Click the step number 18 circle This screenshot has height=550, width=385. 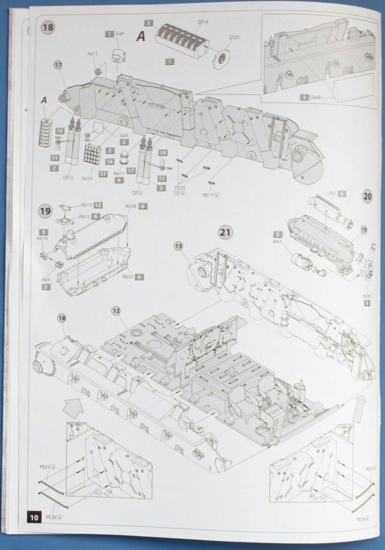tap(46, 28)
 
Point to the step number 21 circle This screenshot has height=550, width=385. tap(225, 232)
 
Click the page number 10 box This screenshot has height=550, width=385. tap(34, 517)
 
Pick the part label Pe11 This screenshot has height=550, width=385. tap(91, 54)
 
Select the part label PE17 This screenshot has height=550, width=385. tap(209, 195)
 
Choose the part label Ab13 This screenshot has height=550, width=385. tap(85, 205)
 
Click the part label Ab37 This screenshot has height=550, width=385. tap(128, 276)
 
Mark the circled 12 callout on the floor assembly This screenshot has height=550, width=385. tap(115, 311)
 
